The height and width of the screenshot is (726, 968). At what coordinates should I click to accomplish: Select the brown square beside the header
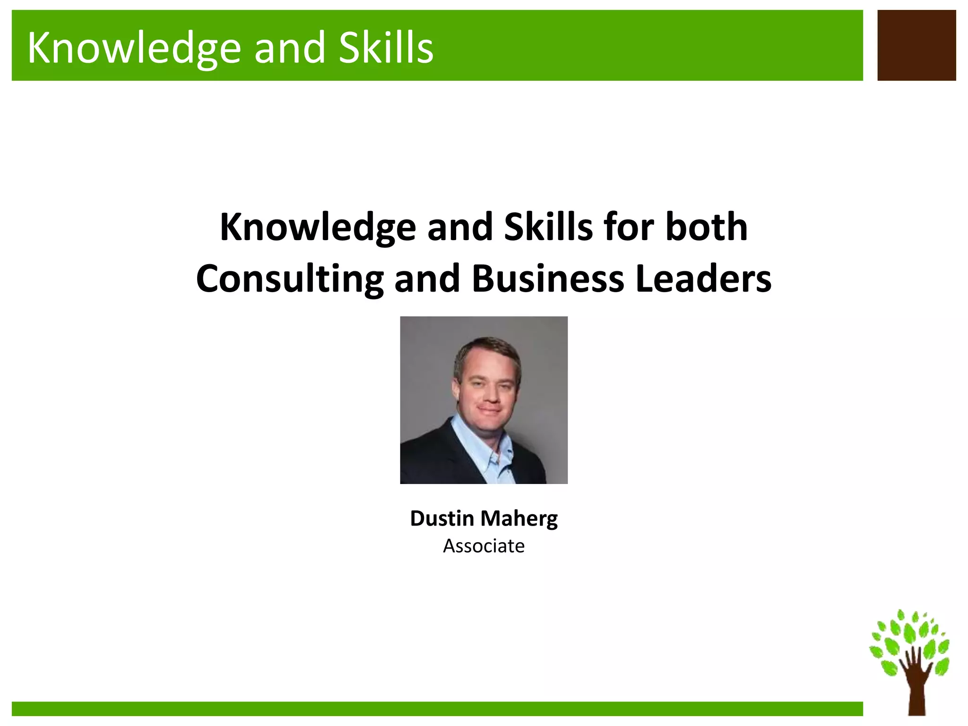916,45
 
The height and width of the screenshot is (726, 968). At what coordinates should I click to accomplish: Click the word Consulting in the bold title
289,279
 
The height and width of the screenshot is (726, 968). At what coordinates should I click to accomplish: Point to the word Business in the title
548,278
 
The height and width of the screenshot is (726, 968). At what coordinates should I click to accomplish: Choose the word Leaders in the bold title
703,278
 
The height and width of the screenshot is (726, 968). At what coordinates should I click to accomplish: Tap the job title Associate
484,546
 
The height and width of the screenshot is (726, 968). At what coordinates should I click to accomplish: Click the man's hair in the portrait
487,347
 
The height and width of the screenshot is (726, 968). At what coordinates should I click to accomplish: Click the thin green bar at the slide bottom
437,709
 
